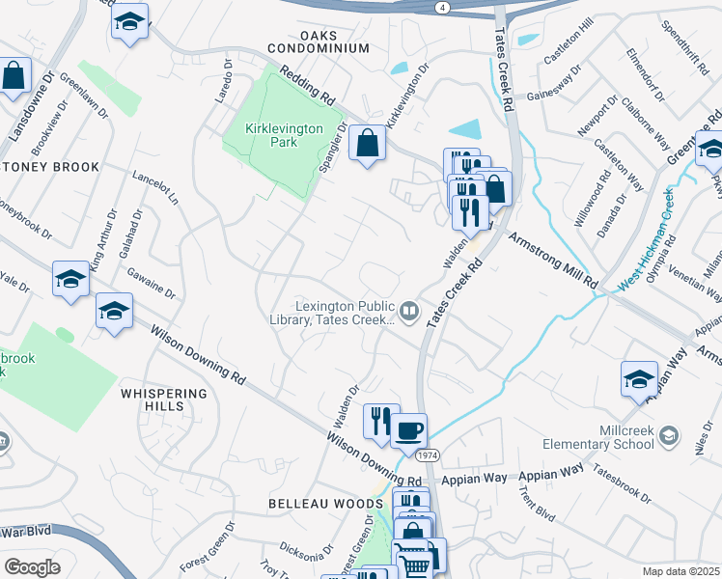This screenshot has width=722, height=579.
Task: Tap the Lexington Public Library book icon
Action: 410,311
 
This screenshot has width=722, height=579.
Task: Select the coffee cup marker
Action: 410,427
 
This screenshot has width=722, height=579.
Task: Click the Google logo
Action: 32,566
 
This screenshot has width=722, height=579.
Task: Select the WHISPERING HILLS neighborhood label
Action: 165,400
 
